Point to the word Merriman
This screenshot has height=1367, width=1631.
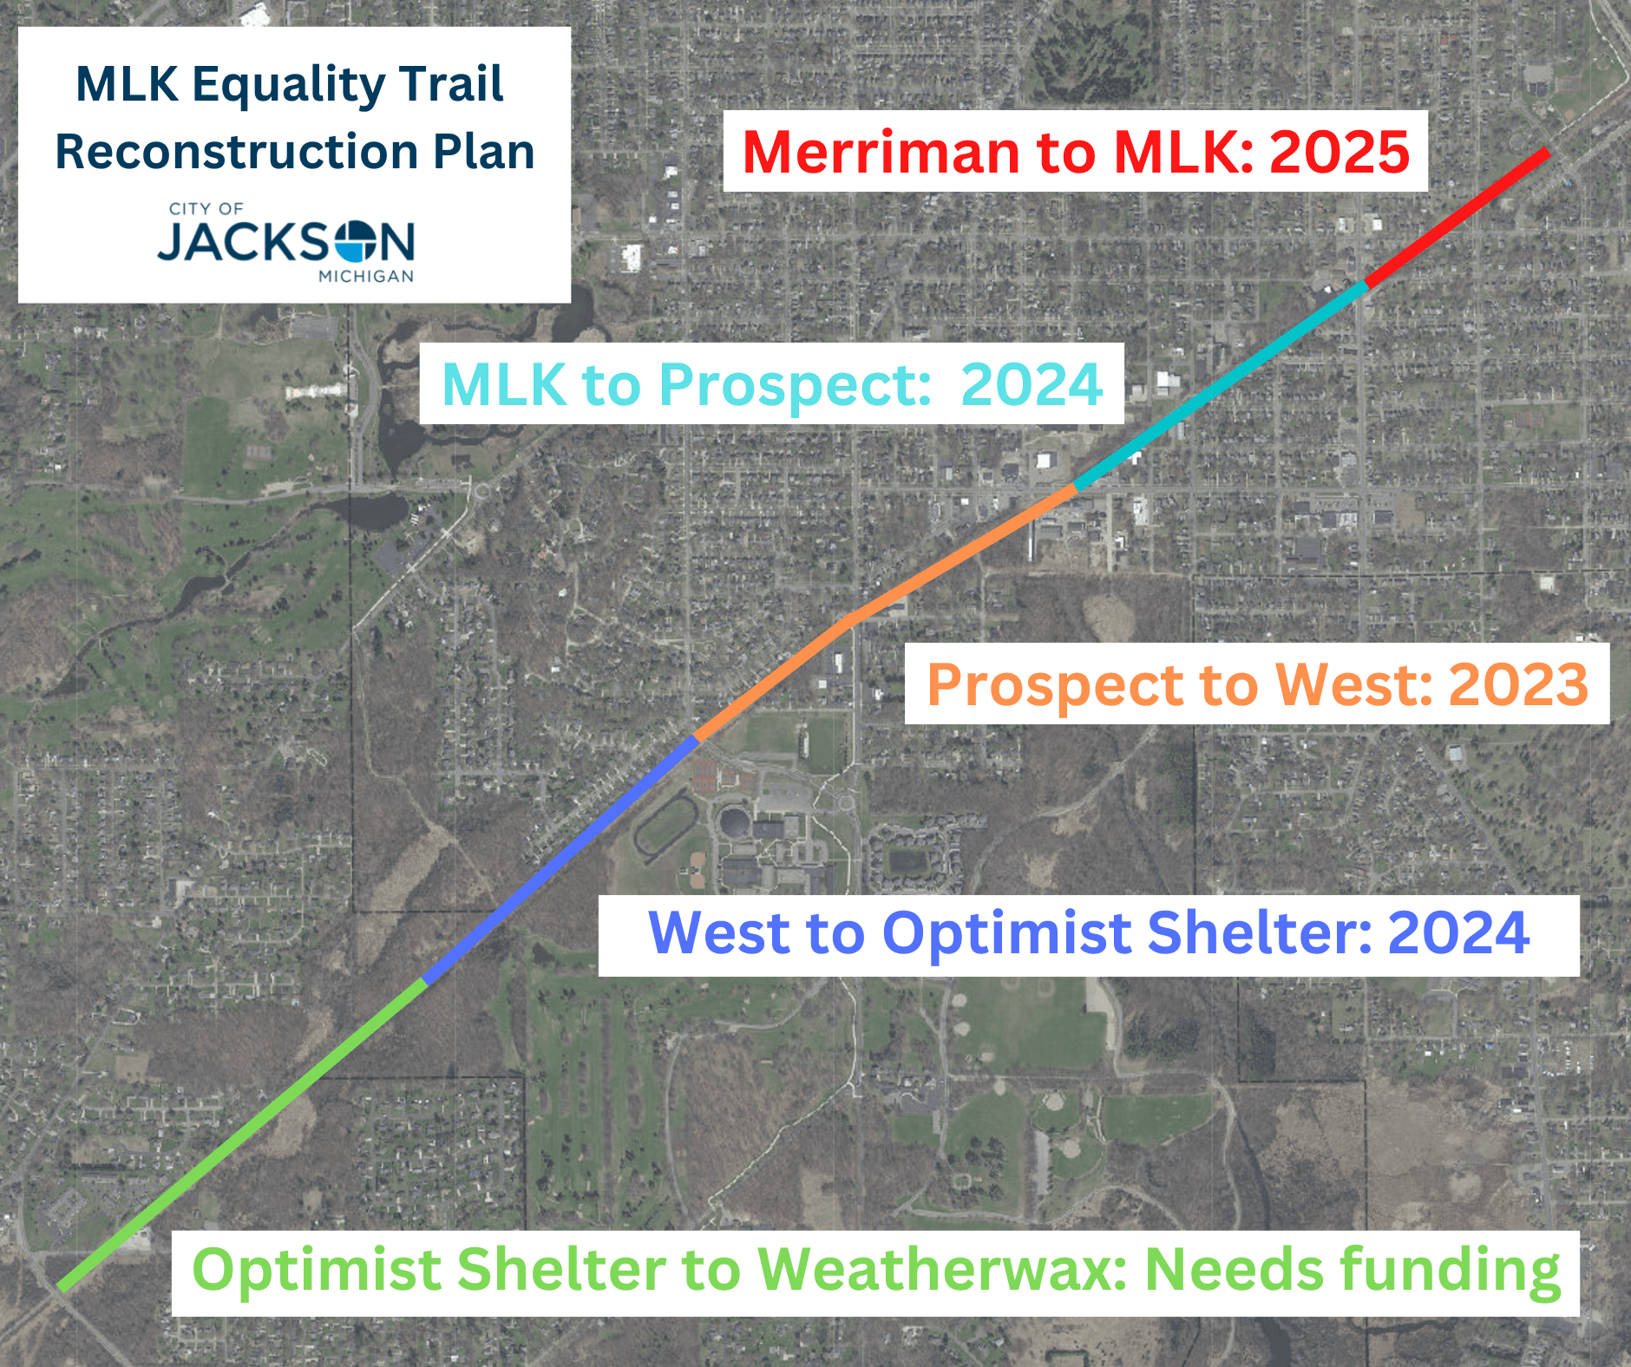pos(881,152)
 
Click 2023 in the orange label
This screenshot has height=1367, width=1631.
pos(1518,684)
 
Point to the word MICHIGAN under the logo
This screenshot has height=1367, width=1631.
pos(366,277)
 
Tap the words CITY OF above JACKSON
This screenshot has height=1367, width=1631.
pos(206,209)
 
